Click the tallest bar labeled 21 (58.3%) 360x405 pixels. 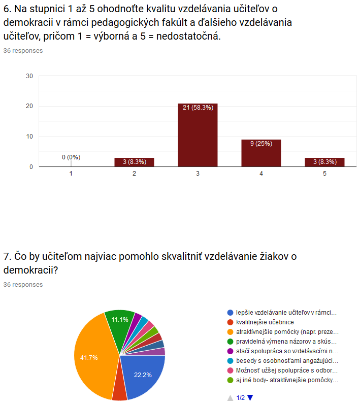coord(198,135)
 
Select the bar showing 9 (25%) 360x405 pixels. coord(261,153)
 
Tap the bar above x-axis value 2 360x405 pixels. coord(134,162)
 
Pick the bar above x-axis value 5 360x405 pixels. coord(324,162)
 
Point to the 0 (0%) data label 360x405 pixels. coord(71,157)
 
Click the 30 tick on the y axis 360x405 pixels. coord(29,76)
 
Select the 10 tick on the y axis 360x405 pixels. coord(29,137)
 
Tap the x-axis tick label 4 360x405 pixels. coord(261,174)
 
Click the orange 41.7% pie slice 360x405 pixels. coord(93,356)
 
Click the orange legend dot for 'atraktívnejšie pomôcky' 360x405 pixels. coord(230,332)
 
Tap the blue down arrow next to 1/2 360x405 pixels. coord(250,398)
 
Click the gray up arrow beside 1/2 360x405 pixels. coord(230,398)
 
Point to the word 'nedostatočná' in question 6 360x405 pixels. coord(188,36)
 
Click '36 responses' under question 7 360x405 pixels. coord(23,285)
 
